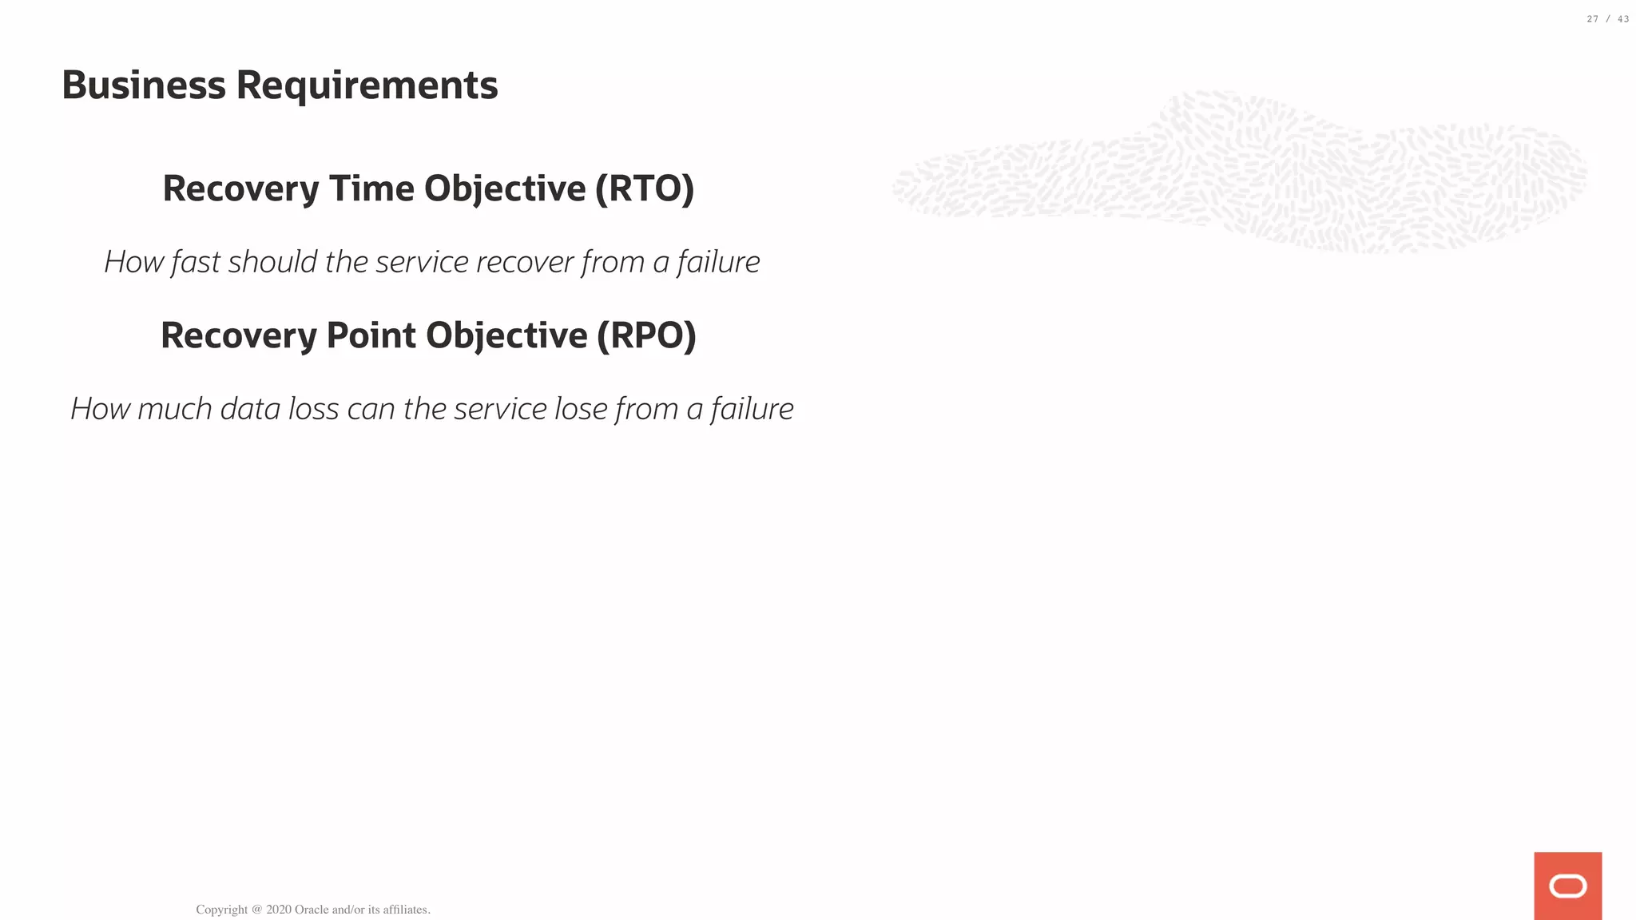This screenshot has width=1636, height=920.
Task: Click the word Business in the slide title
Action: (144, 85)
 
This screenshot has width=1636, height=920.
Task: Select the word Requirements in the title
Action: (367, 85)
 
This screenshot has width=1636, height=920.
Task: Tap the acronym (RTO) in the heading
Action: (645, 188)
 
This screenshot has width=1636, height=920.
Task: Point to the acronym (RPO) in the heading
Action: (647, 335)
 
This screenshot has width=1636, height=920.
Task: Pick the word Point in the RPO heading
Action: (371, 335)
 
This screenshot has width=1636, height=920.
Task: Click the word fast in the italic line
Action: (196, 262)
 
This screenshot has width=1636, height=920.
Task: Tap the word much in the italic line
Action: (175, 409)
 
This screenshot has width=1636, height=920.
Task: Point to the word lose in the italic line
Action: (581, 409)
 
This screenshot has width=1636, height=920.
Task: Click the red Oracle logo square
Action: (1567, 886)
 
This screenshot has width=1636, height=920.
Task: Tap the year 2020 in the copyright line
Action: (279, 910)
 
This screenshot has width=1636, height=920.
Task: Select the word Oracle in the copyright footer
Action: (312, 910)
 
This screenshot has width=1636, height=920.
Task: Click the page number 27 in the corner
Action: (1593, 19)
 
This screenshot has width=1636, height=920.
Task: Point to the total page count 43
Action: (1623, 19)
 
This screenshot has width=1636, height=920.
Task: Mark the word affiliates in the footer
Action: (407, 910)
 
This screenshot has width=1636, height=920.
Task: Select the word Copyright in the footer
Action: (222, 910)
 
